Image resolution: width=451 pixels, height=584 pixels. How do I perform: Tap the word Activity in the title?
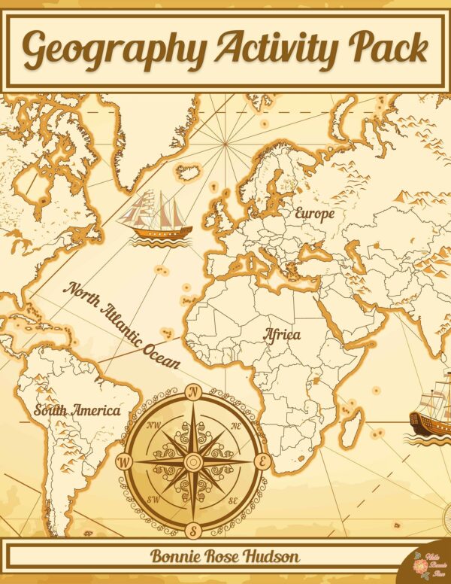(x=276, y=49)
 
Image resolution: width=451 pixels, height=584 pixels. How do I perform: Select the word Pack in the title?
(x=387, y=49)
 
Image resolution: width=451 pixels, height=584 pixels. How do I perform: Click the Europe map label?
(x=314, y=214)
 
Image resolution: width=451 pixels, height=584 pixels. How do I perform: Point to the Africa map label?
(x=282, y=334)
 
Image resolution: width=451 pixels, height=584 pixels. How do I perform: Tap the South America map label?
(x=77, y=411)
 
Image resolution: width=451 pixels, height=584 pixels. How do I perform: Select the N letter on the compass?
(x=193, y=392)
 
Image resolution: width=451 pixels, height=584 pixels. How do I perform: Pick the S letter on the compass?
(x=193, y=530)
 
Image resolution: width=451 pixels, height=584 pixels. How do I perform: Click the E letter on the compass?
(x=262, y=461)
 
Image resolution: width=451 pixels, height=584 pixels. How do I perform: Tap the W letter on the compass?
(x=124, y=461)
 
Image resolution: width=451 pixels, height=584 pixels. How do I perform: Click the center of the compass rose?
(x=193, y=461)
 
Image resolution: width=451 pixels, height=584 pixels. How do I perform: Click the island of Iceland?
(x=188, y=172)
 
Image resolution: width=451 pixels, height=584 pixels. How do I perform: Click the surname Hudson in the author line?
(x=273, y=557)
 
